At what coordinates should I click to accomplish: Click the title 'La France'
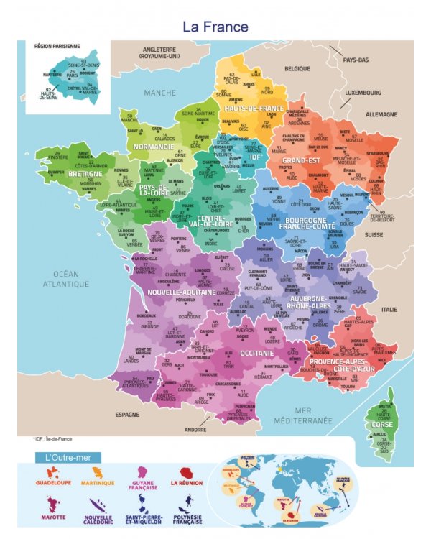pyautogui.click(x=215, y=27)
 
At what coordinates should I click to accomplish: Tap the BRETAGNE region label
pyautogui.click(x=85, y=174)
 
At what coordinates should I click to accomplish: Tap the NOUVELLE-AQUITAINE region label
pyautogui.click(x=180, y=292)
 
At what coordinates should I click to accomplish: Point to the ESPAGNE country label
pyautogui.click(x=129, y=415)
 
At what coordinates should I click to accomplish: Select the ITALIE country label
pyautogui.click(x=389, y=309)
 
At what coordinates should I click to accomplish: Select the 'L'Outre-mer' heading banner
pyautogui.click(x=68, y=457)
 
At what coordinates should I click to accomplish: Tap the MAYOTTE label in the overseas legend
pyautogui.click(x=53, y=516)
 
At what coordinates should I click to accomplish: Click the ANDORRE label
pyautogui.click(x=195, y=430)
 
